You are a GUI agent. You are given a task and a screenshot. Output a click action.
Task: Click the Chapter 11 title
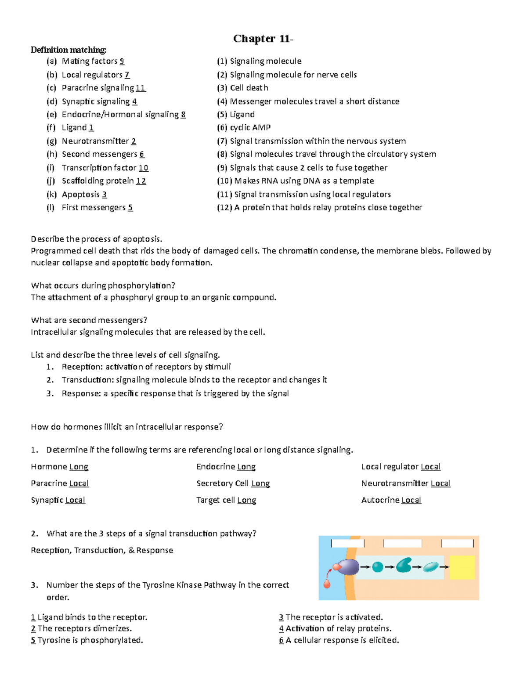point(263,39)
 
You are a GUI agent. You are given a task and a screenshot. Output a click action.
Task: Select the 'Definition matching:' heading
point(69,50)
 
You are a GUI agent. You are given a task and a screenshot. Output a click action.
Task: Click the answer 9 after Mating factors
point(122,61)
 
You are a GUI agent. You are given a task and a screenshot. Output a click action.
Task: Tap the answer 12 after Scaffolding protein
point(141,181)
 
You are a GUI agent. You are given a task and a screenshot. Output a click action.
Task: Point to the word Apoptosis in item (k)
point(81,195)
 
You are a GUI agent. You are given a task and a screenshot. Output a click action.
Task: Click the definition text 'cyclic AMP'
point(250,127)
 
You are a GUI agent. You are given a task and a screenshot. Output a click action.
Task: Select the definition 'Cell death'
point(249,88)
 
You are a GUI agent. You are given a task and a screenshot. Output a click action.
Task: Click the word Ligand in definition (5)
point(242,115)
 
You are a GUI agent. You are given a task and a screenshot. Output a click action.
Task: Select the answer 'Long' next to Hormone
point(79,467)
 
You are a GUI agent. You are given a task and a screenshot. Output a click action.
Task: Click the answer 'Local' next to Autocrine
point(411,500)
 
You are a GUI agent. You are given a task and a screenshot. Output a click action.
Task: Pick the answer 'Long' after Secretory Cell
point(260,484)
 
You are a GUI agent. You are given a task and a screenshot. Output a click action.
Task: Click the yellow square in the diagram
point(462,567)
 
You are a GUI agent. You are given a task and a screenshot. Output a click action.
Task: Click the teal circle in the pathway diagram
point(378,567)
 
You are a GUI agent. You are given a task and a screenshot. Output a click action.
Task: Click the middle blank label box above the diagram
point(402,544)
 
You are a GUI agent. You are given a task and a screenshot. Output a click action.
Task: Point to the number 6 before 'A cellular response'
point(281,640)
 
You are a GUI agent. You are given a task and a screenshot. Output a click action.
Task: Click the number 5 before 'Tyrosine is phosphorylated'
point(33,640)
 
